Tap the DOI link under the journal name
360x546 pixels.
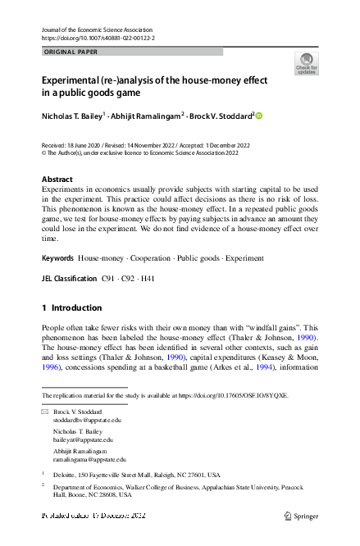(98, 38)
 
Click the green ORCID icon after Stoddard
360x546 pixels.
(259, 116)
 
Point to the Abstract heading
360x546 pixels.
(57, 179)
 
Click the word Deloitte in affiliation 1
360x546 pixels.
(66, 475)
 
